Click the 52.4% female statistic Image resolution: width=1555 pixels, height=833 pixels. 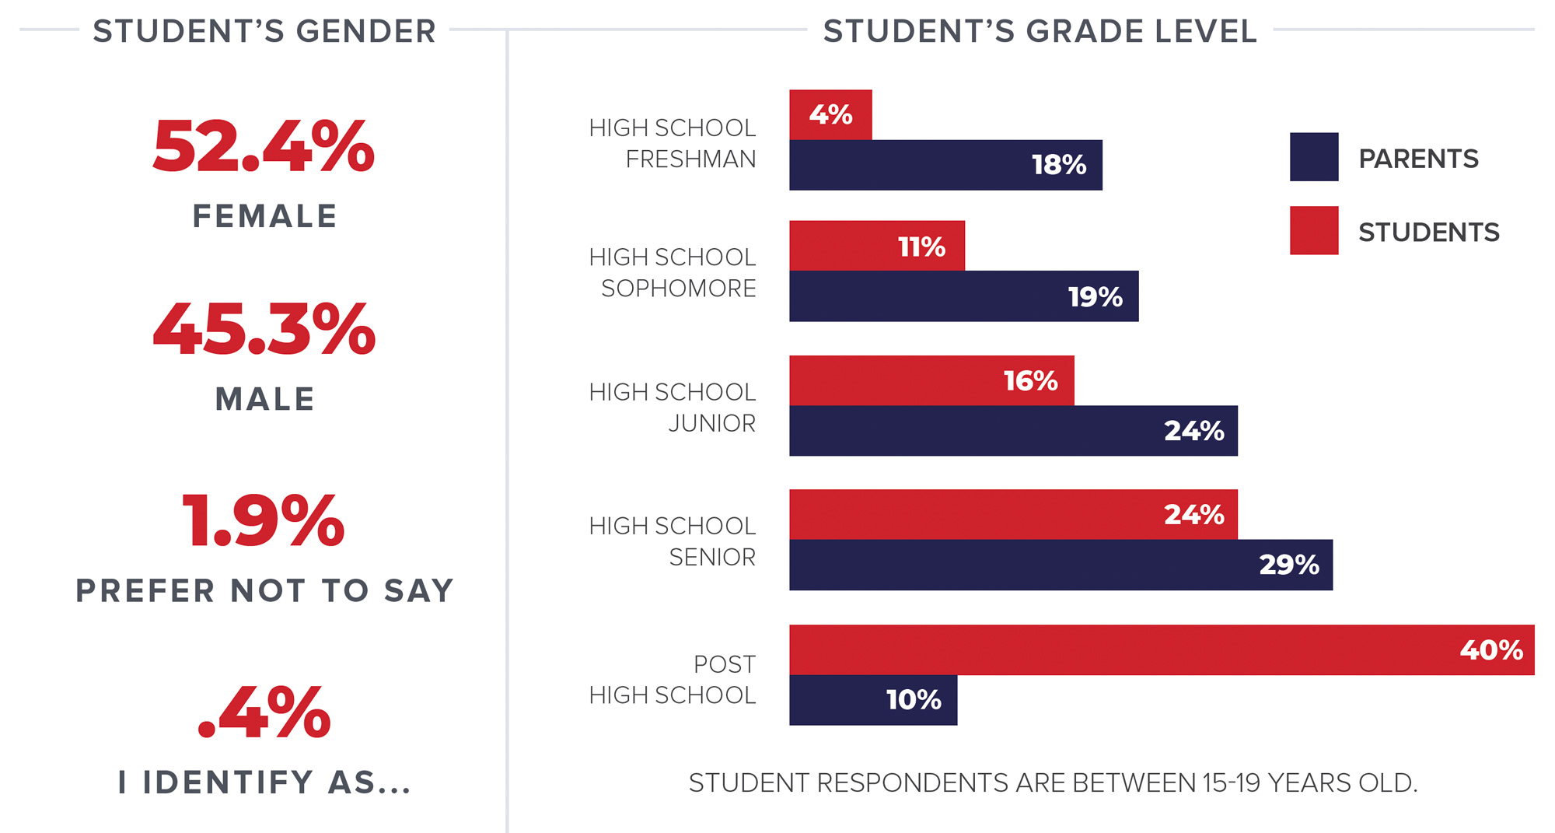pyautogui.click(x=264, y=146)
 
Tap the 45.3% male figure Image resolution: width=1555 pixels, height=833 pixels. pyautogui.click(x=264, y=330)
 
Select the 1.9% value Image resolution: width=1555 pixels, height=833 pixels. pyautogui.click(x=264, y=521)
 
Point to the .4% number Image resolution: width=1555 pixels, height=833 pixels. pyautogui.click(x=264, y=712)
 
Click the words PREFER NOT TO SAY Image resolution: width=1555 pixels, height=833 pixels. pyautogui.click(x=264, y=591)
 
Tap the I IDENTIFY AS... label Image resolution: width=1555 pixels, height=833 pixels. pyautogui.click(x=264, y=782)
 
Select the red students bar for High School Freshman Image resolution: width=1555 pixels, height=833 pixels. pyautogui.click(x=830, y=115)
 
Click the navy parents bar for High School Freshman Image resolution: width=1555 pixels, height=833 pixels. pyautogui.click(x=945, y=165)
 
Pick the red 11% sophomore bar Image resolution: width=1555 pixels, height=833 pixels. pyautogui.click(x=877, y=246)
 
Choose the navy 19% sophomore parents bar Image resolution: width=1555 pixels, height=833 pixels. pyautogui.click(x=963, y=296)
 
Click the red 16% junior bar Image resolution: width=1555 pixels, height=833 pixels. pyautogui.click(x=931, y=380)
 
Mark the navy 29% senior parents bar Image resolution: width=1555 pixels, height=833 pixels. pyautogui.click(x=1061, y=565)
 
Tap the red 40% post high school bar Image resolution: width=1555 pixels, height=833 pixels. pyautogui.click(x=1162, y=649)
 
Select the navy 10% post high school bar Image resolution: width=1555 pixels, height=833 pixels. pyautogui.click(x=873, y=700)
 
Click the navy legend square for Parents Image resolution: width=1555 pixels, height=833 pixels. pyautogui.click(x=1314, y=157)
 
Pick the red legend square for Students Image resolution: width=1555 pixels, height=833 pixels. pyautogui.click(x=1314, y=230)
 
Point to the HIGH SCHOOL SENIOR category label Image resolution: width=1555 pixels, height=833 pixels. pyautogui.click(x=673, y=541)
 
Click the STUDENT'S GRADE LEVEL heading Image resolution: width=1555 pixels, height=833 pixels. pyautogui.click(x=1040, y=31)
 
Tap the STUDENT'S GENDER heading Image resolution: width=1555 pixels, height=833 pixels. pyautogui.click(x=264, y=31)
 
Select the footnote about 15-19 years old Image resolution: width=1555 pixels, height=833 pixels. pyautogui.click(x=1053, y=782)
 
